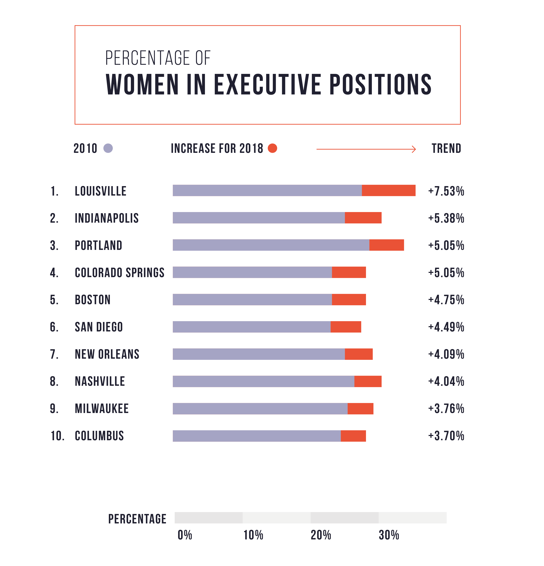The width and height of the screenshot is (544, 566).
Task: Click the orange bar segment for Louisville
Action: [388, 190]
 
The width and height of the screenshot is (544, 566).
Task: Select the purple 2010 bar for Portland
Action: [271, 245]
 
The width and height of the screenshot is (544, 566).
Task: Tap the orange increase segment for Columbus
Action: [353, 436]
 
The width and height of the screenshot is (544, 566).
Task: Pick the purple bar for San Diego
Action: [251, 327]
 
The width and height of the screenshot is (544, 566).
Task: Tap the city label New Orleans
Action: [107, 354]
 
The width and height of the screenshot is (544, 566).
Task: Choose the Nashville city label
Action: [100, 381]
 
